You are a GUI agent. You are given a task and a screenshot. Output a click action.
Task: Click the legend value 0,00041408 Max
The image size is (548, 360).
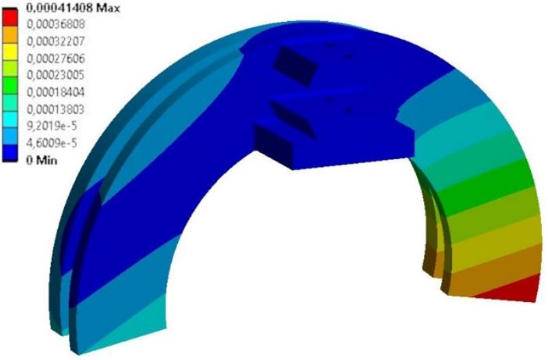click(73, 8)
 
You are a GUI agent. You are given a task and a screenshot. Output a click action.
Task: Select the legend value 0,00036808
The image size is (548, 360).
click(56, 25)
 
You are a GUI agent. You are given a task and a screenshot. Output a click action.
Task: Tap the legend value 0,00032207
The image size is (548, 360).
click(56, 42)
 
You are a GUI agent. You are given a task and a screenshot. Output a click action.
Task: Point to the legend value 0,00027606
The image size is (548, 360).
click(56, 59)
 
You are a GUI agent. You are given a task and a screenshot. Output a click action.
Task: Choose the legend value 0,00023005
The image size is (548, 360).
click(56, 75)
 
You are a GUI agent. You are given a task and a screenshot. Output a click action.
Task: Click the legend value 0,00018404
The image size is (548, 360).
click(56, 92)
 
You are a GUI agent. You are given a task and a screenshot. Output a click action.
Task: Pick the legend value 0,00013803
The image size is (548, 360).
click(56, 109)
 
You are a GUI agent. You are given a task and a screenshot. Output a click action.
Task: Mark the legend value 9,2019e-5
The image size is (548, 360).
click(52, 126)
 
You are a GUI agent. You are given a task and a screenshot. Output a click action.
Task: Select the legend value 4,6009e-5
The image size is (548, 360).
click(52, 143)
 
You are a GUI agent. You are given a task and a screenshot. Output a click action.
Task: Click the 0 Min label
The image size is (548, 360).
click(42, 160)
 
